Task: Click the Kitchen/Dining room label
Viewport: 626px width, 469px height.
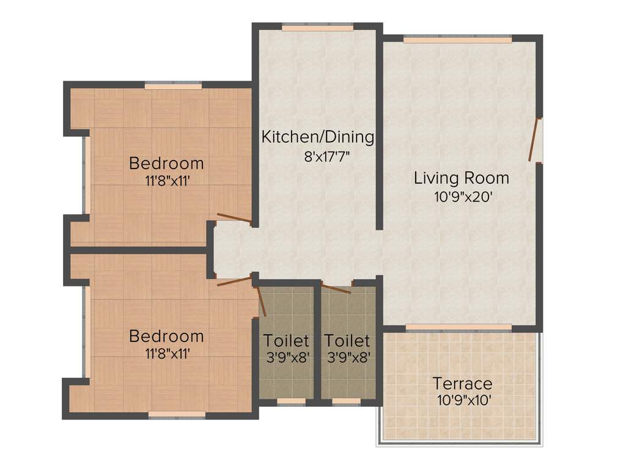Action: point(317,137)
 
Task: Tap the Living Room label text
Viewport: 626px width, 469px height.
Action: point(462,178)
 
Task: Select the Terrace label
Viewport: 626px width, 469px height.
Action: point(462,384)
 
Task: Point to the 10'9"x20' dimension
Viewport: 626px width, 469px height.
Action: point(462,197)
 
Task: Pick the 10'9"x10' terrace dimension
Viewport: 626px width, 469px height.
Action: point(462,401)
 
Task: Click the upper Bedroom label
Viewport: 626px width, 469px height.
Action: point(166,164)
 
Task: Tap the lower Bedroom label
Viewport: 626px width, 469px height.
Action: point(166,336)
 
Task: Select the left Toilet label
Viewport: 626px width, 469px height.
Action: point(286,340)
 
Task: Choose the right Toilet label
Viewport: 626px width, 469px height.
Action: point(347,340)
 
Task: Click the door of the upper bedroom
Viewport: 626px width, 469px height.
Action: point(234,218)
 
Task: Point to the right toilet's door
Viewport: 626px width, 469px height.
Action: point(336,289)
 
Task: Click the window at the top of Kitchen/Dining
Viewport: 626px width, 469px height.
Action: point(317,27)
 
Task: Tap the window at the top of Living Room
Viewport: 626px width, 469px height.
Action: point(457,39)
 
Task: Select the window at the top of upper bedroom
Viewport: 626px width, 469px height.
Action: point(173,86)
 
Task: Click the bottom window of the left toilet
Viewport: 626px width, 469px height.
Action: point(291,401)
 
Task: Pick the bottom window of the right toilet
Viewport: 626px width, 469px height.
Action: point(346,401)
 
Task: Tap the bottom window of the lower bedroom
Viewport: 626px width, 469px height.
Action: point(177,414)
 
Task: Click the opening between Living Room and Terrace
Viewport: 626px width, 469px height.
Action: point(458,328)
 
